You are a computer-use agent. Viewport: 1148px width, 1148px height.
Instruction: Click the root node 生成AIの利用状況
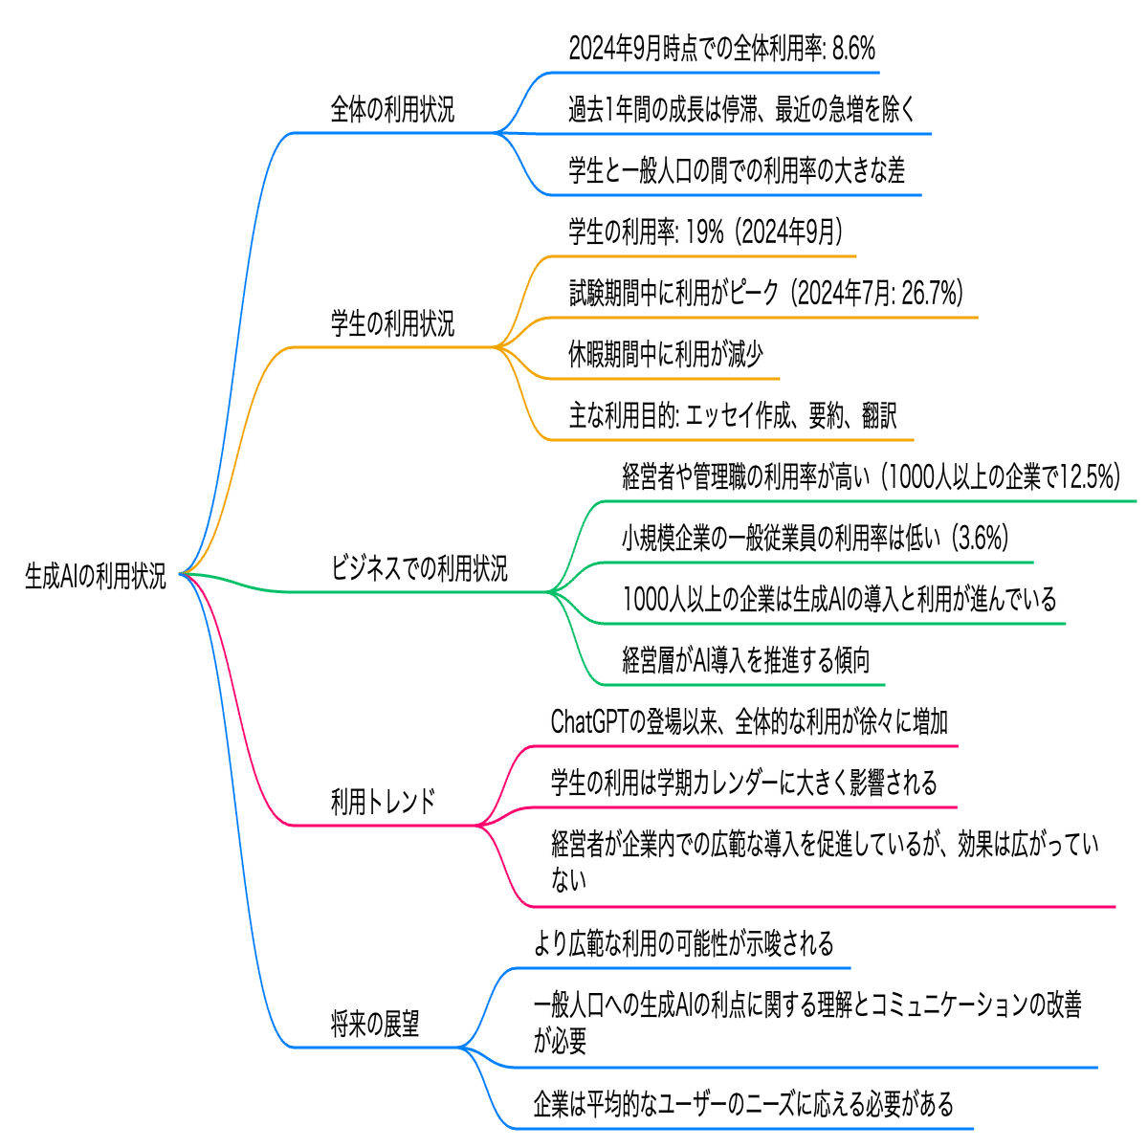click(96, 576)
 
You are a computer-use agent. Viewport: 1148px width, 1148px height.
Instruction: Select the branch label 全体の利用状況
click(392, 109)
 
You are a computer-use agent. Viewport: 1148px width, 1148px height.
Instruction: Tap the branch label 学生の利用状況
click(392, 323)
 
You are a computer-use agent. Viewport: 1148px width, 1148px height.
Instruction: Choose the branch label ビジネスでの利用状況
click(419, 567)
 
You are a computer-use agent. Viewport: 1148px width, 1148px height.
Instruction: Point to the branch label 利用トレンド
click(383, 801)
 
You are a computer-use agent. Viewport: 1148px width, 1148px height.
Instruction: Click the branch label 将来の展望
click(375, 1023)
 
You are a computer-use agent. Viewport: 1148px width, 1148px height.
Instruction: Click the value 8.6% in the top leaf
click(853, 48)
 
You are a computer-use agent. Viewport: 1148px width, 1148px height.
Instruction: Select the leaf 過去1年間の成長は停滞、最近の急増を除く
click(741, 109)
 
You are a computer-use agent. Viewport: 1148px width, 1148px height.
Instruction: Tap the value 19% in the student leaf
click(705, 232)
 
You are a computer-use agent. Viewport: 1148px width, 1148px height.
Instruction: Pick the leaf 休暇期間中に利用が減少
click(666, 354)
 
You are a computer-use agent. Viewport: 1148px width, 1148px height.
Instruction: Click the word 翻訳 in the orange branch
click(879, 415)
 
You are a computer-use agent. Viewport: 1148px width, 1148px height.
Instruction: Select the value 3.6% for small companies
click(980, 538)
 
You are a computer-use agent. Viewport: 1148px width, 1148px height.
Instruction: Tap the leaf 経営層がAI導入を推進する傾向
click(746, 659)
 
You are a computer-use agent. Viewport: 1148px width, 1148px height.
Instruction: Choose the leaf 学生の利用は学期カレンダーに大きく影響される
click(744, 783)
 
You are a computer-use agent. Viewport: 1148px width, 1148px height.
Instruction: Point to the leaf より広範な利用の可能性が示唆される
click(683, 943)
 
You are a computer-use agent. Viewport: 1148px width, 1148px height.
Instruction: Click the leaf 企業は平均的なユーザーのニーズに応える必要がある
click(743, 1103)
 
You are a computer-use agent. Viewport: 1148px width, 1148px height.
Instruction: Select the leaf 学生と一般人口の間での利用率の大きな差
click(737, 170)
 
